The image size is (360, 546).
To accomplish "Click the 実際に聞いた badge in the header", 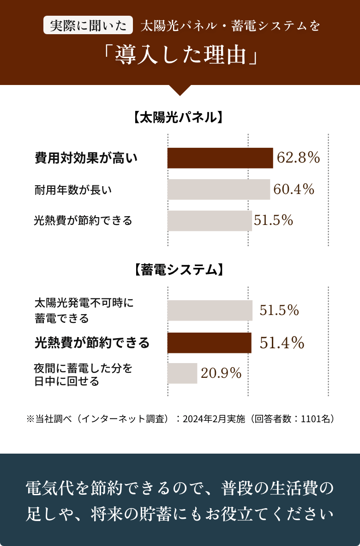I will tap(88, 25).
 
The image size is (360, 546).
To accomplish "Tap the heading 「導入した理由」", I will tap(180, 56).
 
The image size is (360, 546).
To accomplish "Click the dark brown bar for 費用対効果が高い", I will tap(220, 158).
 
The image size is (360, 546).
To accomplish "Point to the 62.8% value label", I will tap(298, 158).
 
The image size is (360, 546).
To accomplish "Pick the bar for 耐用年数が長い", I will tap(218, 189).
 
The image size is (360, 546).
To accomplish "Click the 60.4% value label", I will tap(294, 189).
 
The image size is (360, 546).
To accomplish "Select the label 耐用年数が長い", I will tap(73, 189).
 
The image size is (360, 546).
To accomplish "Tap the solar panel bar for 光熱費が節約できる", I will tap(210, 221).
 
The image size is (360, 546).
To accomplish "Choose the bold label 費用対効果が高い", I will tap(86, 158).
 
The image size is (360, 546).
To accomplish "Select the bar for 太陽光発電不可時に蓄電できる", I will tap(210, 310).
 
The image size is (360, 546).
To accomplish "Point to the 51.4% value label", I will tap(282, 343).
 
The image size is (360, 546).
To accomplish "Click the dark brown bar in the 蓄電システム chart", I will tap(209, 343).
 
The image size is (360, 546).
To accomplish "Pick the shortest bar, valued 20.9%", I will tap(182, 373).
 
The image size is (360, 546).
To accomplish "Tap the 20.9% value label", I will tap(221, 373).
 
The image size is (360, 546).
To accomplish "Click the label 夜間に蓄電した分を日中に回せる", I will tap(83, 375).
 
